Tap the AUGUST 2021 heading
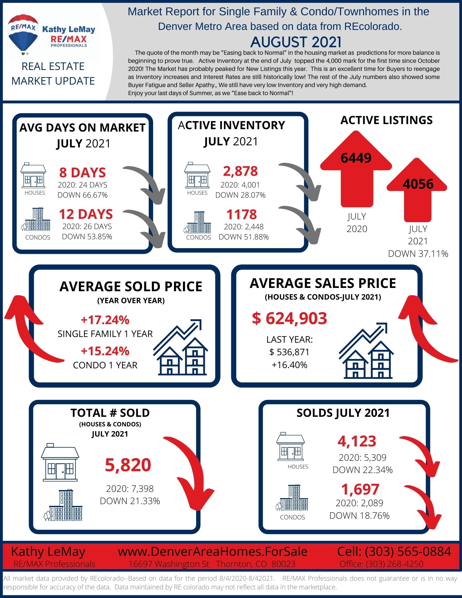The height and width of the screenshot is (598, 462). coord(296,42)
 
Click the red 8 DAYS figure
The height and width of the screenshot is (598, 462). coord(83,173)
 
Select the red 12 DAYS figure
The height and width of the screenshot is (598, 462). coord(86,214)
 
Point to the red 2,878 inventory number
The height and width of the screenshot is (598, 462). coord(240,171)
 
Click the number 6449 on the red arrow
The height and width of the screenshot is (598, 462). coord(356,158)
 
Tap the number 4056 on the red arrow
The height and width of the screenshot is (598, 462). coord(418,184)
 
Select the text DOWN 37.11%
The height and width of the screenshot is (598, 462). coord(418,254)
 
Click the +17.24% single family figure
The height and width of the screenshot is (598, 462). coord(105,320)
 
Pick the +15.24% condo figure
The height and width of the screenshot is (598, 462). coord(105,351)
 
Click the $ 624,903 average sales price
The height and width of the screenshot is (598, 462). coord(289,318)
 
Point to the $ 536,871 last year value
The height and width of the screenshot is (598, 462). coord(289,352)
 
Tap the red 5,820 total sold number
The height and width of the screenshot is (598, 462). coord(128,465)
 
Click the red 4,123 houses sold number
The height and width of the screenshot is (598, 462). coord(357,441)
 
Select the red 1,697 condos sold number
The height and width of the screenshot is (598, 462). coord(360,489)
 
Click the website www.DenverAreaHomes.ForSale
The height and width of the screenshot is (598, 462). coord(213,551)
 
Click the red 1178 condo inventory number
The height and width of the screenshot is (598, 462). coord(241,214)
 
